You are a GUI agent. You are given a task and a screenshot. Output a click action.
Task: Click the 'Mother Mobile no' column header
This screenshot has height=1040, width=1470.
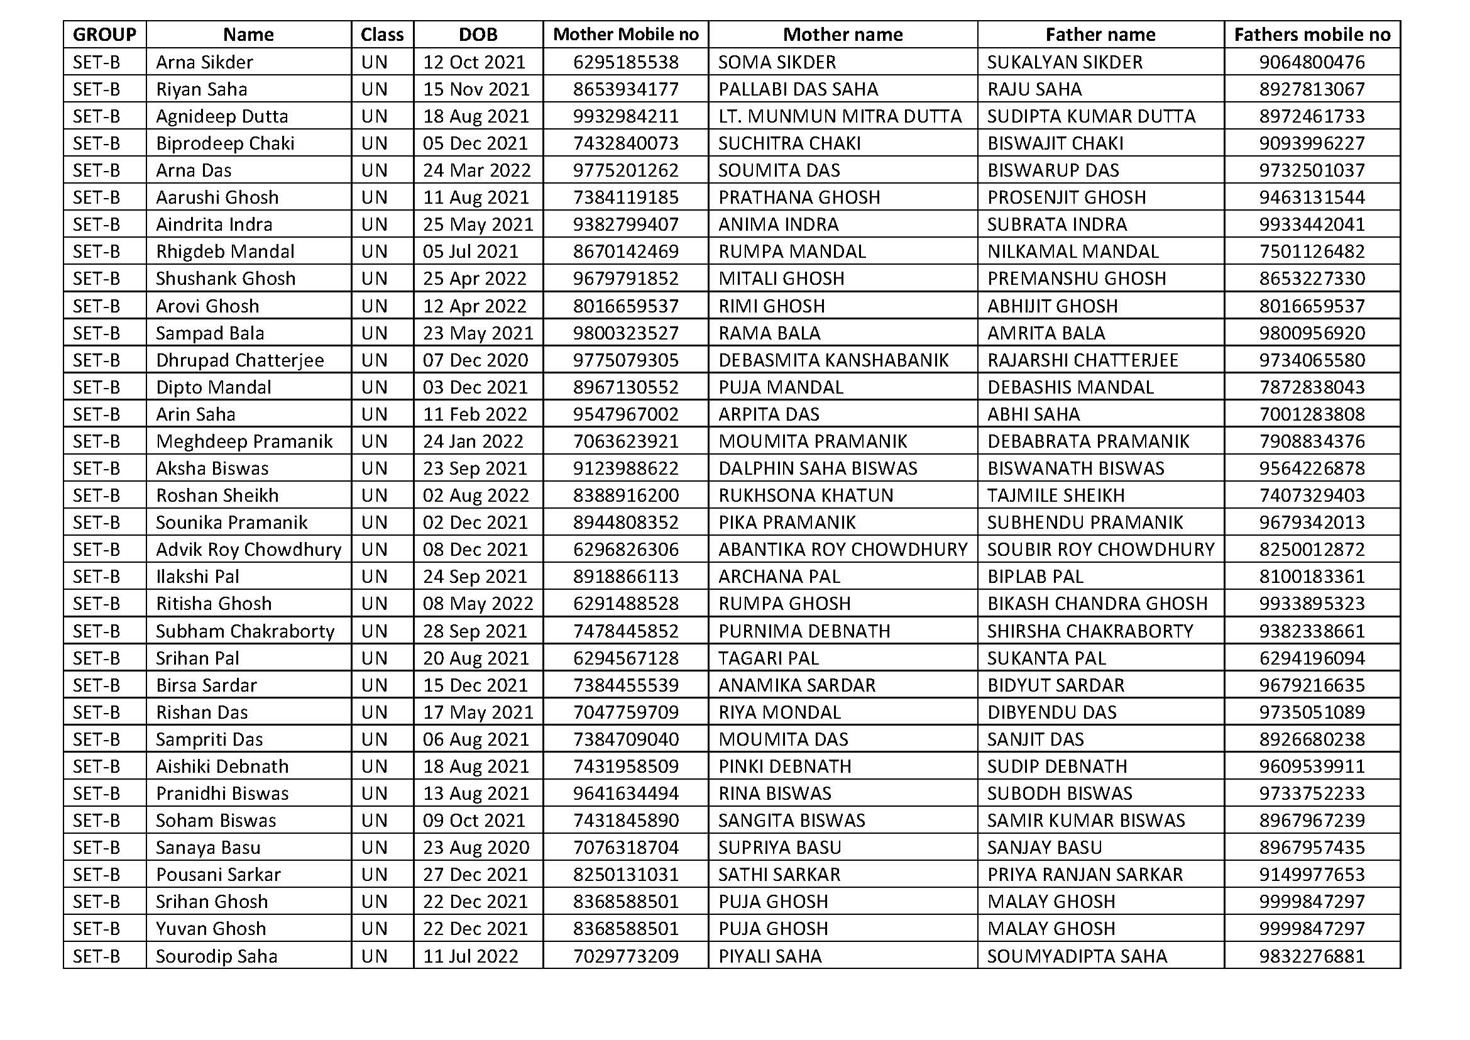[625, 35]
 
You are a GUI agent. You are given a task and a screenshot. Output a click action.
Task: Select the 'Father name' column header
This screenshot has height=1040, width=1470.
[1100, 35]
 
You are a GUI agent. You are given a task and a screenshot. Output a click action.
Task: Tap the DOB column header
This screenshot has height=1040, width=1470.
[478, 35]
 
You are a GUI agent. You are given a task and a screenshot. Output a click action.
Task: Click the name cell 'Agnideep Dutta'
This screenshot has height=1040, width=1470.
[221, 116]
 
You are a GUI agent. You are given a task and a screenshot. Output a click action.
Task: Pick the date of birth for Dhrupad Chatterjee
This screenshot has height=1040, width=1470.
[475, 360]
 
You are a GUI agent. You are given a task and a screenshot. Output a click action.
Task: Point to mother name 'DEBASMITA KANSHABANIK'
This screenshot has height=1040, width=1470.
[833, 360]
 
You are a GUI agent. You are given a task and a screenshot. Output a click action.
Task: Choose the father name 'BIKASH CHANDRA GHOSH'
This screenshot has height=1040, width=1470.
[1097, 604]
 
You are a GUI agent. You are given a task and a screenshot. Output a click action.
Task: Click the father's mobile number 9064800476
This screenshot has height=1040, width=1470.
[1312, 62]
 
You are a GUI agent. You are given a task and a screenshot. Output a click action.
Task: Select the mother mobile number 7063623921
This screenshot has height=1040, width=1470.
[625, 442]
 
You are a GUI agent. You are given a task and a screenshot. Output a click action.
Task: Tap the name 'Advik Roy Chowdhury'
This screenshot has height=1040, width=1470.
[248, 550]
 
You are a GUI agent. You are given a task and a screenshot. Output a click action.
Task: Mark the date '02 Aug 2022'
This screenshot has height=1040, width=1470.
[476, 495]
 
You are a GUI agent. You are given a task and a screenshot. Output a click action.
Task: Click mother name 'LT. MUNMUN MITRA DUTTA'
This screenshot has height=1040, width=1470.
[840, 116]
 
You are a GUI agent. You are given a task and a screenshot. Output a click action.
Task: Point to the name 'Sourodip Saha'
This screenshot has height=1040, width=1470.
[216, 957]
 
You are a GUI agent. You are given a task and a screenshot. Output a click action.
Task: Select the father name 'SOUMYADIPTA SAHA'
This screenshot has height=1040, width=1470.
[1077, 957]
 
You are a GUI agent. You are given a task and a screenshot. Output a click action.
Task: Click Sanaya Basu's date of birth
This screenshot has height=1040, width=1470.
[476, 848]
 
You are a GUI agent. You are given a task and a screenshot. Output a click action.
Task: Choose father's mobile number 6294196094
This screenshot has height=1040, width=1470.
[1312, 658]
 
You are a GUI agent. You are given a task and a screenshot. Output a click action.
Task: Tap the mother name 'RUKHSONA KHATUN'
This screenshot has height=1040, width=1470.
[806, 495]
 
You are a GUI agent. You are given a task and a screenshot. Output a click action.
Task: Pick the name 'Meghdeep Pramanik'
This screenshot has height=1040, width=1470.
[244, 442]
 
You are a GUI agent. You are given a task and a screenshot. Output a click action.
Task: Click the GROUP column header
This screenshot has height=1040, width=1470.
[104, 35]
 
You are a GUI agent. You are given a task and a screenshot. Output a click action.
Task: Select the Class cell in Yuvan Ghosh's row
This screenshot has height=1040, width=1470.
[375, 929]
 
